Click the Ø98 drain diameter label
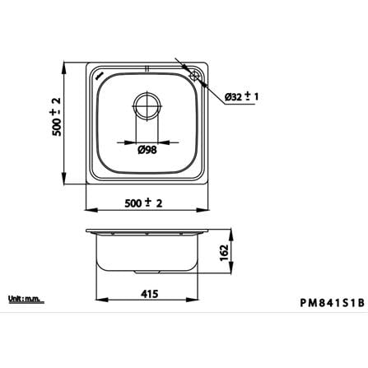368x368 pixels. tap(147, 150)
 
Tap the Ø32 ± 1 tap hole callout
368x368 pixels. tap(241, 96)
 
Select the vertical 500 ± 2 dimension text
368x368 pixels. tap(57, 116)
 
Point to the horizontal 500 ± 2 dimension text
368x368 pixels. tap(143, 203)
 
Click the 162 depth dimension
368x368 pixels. tap(224, 253)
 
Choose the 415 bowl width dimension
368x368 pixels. tap(150, 294)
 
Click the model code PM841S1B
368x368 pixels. tap(333, 303)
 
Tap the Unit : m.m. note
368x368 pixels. tap(26, 299)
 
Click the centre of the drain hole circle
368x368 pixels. tap(147, 106)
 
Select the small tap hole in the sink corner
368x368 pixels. tap(194, 76)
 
